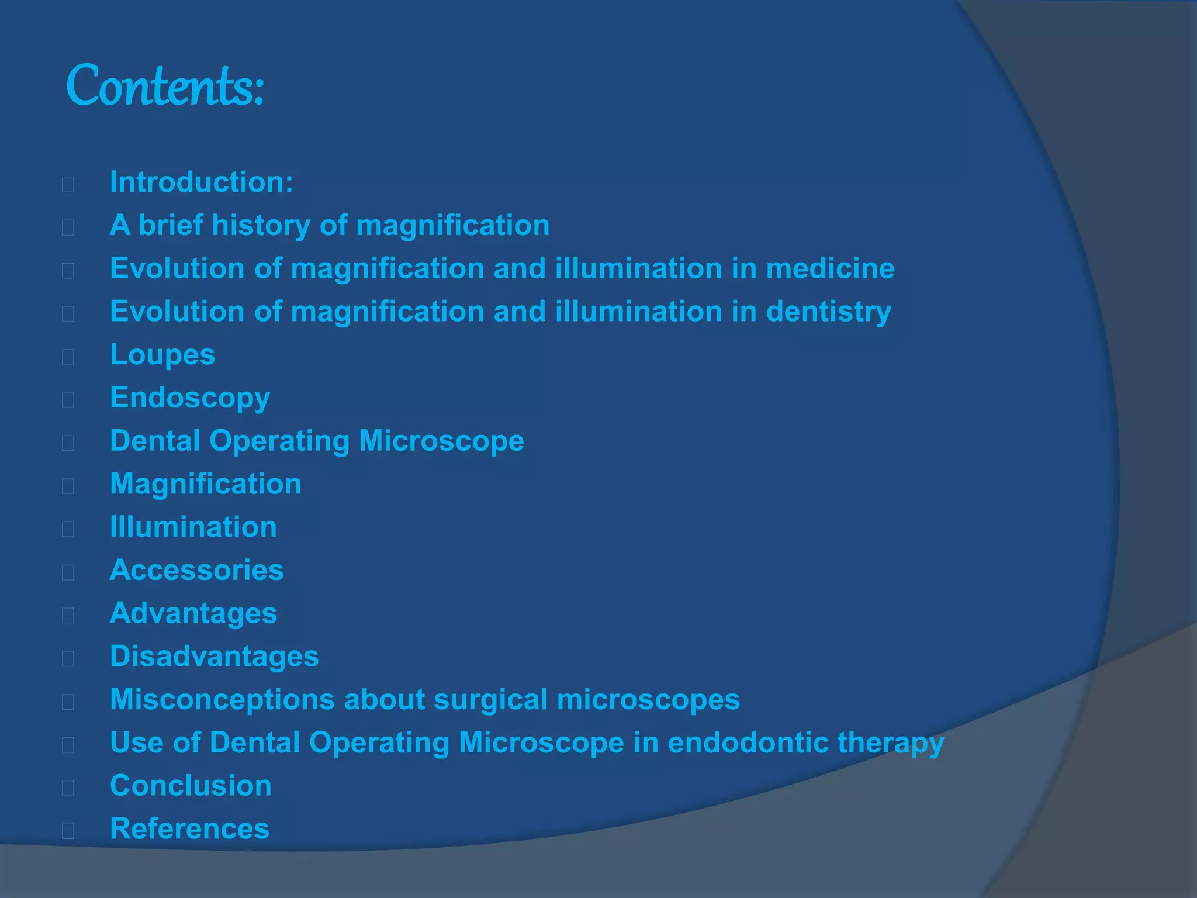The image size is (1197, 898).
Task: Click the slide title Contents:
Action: click(165, 87)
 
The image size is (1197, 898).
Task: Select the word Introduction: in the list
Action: click(202, 182)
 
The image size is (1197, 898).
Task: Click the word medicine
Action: click(830, 268)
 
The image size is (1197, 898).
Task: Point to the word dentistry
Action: click(828, 312)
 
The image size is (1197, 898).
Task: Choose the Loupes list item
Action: click(162, 355)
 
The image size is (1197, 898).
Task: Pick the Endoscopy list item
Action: click(190, 398)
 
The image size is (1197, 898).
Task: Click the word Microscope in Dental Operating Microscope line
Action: click(441, 441)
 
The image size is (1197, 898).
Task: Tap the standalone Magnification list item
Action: click(206, 484)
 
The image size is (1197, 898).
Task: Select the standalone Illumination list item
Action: click(193, 527)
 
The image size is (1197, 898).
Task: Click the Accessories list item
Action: click(197, 570)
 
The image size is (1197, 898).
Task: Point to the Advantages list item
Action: click(193, 613)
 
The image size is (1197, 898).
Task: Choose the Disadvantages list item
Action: click(215, 657)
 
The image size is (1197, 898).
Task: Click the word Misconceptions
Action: click(223, 700)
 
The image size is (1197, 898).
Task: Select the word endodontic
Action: click(748, 742)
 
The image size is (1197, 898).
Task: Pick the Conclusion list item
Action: click(191, 786)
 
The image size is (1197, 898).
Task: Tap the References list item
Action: click(190, 829)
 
